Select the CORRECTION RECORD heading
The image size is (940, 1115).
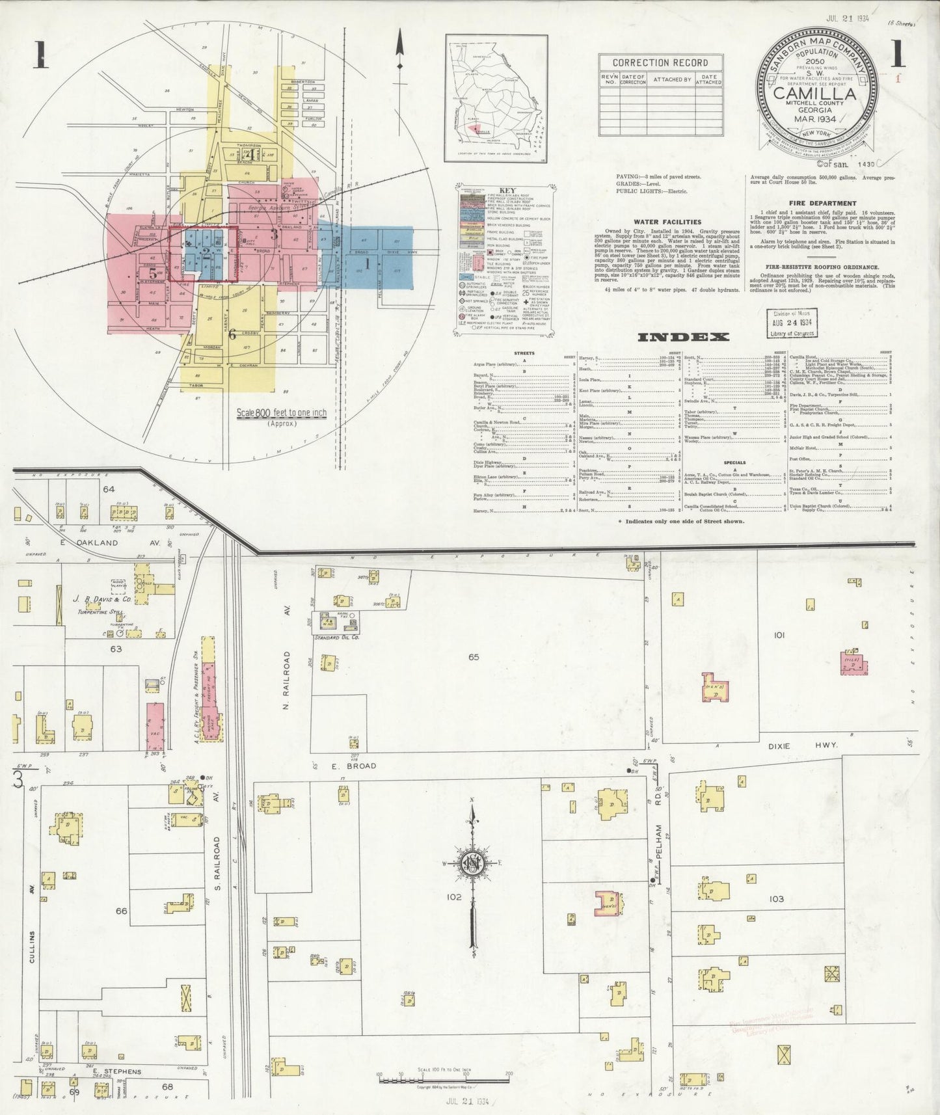point(660,62)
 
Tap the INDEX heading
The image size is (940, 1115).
point(683,337)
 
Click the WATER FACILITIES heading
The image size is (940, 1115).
point(658,222)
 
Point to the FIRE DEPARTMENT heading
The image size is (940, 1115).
point(822,203)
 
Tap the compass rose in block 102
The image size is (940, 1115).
point(473,863)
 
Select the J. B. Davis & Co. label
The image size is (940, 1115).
point(103,600)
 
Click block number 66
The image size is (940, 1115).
point(121,911)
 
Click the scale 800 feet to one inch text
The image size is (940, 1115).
point(282,412)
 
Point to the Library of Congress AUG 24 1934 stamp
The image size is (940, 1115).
point(792,323)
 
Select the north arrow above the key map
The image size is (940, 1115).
point(400,49)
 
